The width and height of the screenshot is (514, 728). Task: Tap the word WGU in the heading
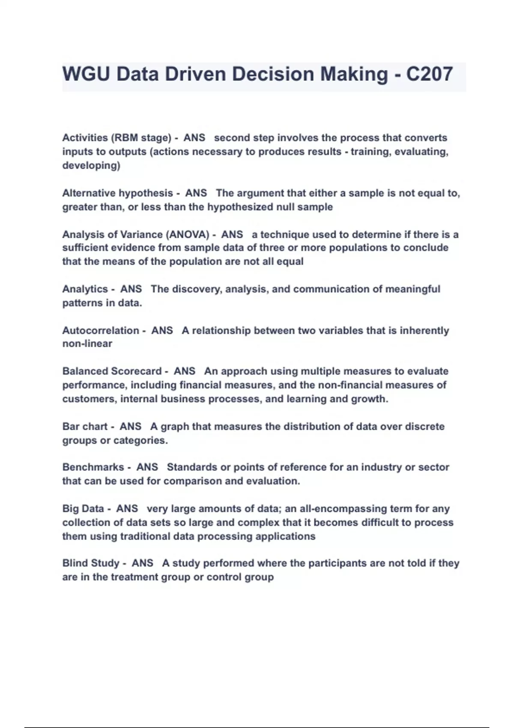pyautogui.click(x=86, y=74)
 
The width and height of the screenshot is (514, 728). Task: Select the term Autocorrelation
pyautogui.click(x=101, y=331)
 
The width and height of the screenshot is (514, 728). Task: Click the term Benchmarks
pyautogui.click(x=93, y=467)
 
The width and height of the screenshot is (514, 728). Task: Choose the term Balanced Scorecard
pyautogui.click(x=112, y=371)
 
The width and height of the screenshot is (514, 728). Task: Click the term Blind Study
pyautogui.click(x=90, y=563)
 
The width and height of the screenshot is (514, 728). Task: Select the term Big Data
pyautogui.click(x=83, y=509)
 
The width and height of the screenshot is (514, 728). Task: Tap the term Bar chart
pyautogui.click(x=85, y=427)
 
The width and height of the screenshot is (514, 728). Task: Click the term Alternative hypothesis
pyautogui.click(x=117, y=193)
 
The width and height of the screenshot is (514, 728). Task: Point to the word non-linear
pyautogui.click(x=87, y=344)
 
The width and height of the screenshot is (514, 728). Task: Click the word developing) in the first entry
pyautogui.click(x=91, y=166)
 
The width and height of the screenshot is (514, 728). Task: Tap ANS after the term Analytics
pyautogui.click(x=131, y=289)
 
